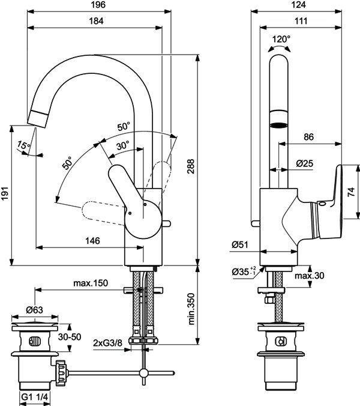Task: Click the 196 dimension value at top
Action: pyautogui.click(x=98, y=5)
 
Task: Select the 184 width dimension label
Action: pyautogui.click(x=96, y=21)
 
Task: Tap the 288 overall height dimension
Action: pyautogui.click(x=191, y=166)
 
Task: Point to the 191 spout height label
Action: pyautogui.click(x=5, y=193)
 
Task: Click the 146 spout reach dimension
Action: pyautogui.click(x=92, y=241)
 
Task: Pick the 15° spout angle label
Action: pyautogui.click(x=23, y=145)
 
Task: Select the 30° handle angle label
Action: pyautogui.click(x=123, y=145)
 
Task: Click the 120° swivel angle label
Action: pyautogui.click(x=281, y=39)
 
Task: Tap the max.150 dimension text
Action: pyautogui.click(x=91, y=283)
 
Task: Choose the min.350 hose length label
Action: pyautogui.click(x=191, y=309)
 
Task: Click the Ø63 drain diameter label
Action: pyautogui.click(x=34, y=310)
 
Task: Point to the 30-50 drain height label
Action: pyautogui.click(x=70, y=337)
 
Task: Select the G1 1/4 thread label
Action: pyautogui.click(x=34, y=396)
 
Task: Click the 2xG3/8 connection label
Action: pyautogui.click(x=107, y=343)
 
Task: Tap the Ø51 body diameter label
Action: pyautogui.click(x=240, y=244)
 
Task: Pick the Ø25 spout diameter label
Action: pyautogui.click(x=304, y=163)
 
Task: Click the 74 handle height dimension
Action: pyautogui.click(x=351, y=192)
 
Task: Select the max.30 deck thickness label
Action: pyautogui.click(x=310, y=276)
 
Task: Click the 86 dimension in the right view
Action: pyautogui.click(x=308, y=137)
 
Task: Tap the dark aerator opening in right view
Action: pyautogui.click(x=279, y=126)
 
